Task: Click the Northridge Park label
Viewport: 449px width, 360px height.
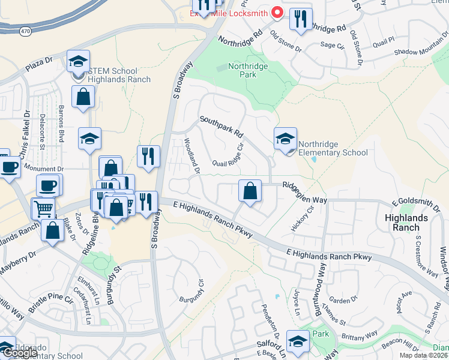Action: click(242, 70)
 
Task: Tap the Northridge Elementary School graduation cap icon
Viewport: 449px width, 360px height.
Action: click(285, 139)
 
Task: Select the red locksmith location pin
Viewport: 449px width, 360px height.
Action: click(277, 11)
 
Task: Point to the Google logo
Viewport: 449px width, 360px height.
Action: click(19, 353)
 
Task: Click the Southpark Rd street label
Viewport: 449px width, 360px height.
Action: click(221, 125)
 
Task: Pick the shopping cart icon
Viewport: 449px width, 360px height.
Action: click(43, 209)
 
